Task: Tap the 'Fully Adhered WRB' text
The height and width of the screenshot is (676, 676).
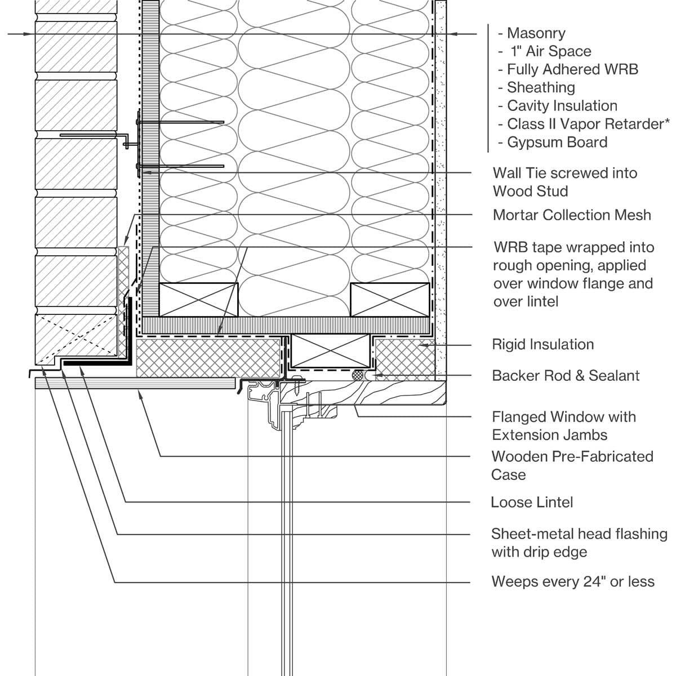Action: tap(572, 69)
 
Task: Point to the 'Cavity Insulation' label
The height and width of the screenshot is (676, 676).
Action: tap(562, 105)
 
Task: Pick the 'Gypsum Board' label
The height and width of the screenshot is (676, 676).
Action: tap(557, 142)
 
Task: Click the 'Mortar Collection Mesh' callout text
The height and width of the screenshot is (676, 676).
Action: tap(571, 215)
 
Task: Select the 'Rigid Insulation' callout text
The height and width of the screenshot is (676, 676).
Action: tap(542, 344)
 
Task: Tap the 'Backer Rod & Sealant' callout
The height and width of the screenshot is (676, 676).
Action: tap(566, 375)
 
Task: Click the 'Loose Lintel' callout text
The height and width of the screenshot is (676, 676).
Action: tap(531, 502)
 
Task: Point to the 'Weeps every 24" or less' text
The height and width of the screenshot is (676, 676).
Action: tap(572, 581)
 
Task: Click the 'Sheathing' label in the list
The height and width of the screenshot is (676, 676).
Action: tap(541, 87)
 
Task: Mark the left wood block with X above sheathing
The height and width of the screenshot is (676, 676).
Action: tap(198, 300)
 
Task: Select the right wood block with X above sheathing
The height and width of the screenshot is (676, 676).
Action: tap(390, 300)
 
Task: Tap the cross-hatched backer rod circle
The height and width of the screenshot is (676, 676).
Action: tap(357, 375)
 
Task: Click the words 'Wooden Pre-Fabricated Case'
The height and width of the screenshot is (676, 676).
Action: tap(571, 465)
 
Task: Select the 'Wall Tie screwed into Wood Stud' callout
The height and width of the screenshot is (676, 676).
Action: tap(564, 182)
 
